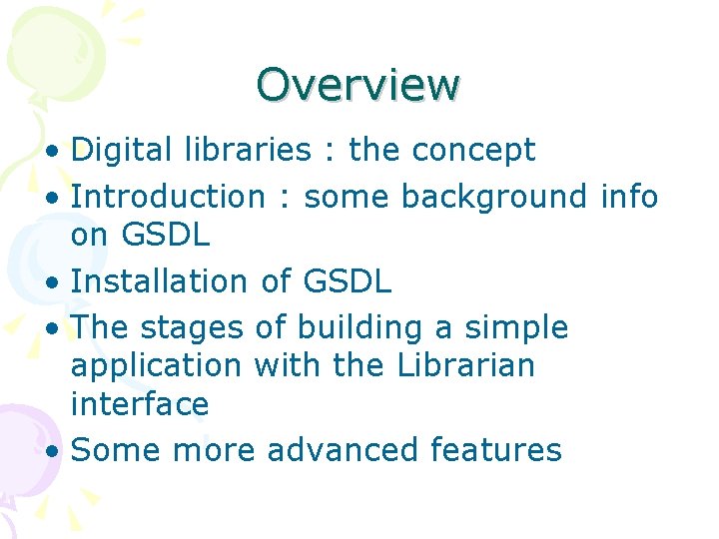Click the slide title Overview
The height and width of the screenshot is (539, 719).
pos(358,85)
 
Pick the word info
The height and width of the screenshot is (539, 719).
pos(629,197)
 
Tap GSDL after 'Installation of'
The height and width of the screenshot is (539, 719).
pos(345,281)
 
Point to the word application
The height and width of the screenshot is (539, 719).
pos(157,366)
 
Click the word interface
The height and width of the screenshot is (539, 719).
pos(140,404)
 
